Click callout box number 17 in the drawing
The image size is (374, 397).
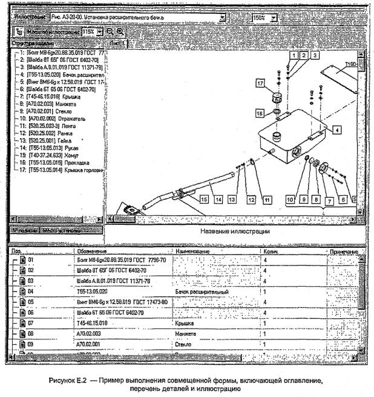coord(260,83)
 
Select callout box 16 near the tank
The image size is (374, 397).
coord(260,113)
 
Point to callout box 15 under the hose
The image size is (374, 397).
coord(203,199)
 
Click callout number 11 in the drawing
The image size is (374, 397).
coord(266,199)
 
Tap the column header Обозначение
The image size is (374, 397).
coord(91,251)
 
